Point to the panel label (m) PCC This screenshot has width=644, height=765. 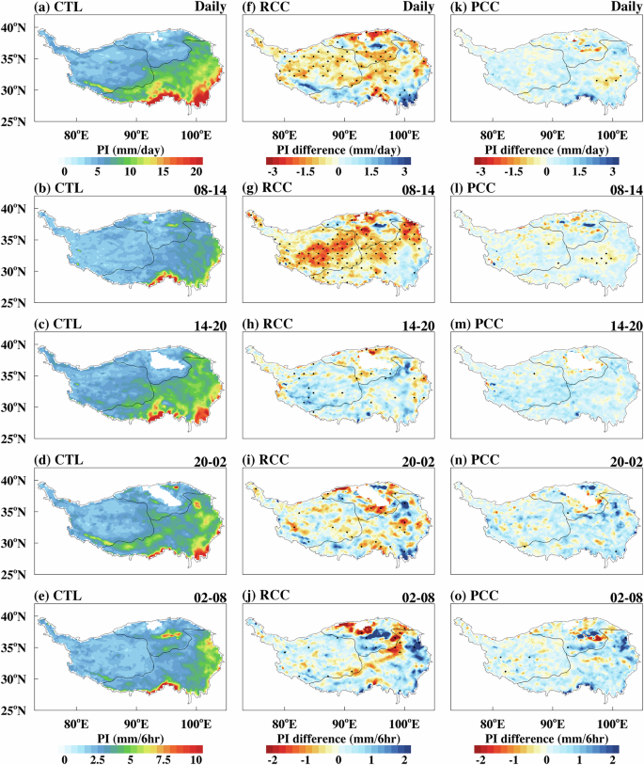(480, 326)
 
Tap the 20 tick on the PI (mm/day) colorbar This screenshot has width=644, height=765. (196, 172)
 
